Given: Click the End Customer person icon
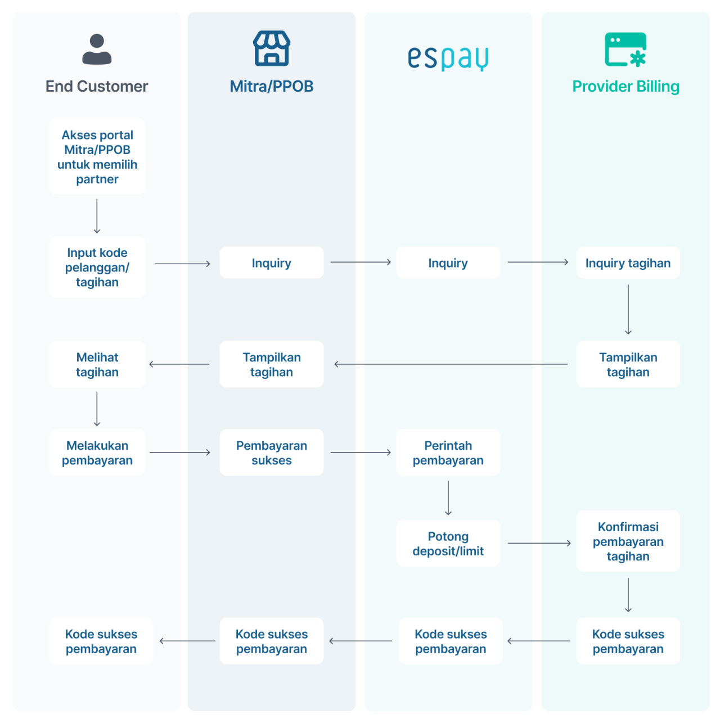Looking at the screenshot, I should [x=97, y=49].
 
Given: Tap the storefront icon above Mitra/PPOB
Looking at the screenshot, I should [x=272, y=49].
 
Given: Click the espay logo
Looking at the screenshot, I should [x=448, y=58].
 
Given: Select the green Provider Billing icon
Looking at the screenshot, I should [x=625, y=49].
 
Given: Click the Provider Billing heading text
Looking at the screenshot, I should [x=625, y=87].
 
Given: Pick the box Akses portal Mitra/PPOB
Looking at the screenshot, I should [x=97, y=157].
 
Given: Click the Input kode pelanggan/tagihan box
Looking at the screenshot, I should [x=97, y=267].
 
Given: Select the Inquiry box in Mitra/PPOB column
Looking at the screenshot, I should [x=272, y=263].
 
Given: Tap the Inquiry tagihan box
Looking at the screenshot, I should [x=628, y=263].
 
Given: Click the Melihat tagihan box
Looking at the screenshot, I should [x=97, y=364].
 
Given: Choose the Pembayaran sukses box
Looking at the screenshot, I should [x=272, y=452].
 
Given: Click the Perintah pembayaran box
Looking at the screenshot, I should [x=448, y=452].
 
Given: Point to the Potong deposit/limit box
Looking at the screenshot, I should [x=448, y=544].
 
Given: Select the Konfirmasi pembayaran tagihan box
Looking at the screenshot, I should [x=628, y=541].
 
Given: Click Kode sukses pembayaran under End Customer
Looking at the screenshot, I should [x=101, y=641].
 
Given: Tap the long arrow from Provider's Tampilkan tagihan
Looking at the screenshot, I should [x=450, y=364].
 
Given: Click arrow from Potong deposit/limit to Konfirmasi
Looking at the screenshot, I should [x=539, y=543].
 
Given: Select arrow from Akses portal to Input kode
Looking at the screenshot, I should [x=97, y=216].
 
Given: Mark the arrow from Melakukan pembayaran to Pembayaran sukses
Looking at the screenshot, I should [x=180, y=452].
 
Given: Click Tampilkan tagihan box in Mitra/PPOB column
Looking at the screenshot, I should [x=272, y=364].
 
